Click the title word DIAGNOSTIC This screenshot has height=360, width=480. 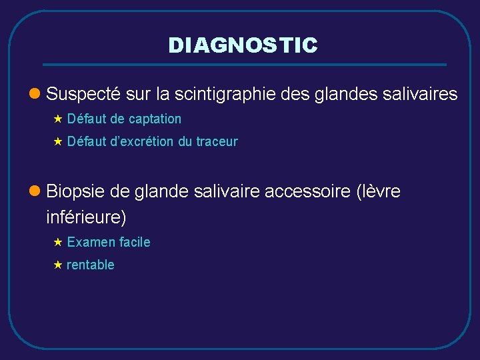coord(243,45)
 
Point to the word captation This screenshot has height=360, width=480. coord(155,119)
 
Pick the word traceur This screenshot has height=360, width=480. coord(217,142)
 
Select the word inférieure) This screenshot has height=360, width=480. coord(86,217)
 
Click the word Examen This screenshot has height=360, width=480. coord(89,242)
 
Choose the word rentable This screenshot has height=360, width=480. coord(91,265)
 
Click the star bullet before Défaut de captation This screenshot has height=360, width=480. coord(57,119)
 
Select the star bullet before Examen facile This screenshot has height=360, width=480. coord(57,242)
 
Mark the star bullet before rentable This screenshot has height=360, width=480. coord(57,265)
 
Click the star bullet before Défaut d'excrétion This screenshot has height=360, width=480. coord(57,142)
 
